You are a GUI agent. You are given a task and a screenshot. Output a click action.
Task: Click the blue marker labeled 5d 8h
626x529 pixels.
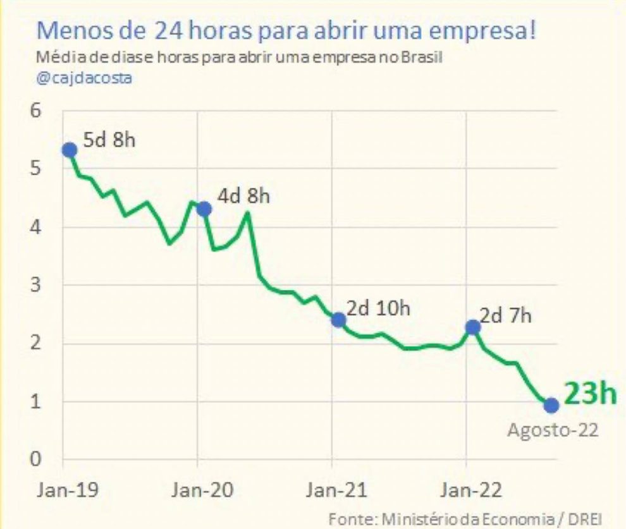pyautogui.click(x=70, y=150)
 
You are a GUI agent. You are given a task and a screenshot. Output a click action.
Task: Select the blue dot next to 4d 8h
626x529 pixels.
pyautogui.click(x=204, y=209)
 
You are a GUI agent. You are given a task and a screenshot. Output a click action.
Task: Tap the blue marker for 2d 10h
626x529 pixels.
pyautogui.click(x=338, y=320)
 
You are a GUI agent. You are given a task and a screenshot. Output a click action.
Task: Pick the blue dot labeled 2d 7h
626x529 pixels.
pyautogui.click(x=472, y=327)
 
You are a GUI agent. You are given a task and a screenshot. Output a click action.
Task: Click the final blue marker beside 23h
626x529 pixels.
pyautogui.click(x=551, y=404)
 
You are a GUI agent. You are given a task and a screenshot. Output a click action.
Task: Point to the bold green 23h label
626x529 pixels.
pyautogui.click(x=590, y=393)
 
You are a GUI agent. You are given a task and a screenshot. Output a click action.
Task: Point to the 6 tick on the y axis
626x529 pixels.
pyautogui.click(x=36, y=110)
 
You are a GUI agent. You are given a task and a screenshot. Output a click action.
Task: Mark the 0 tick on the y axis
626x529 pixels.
pyautogui.click(x=36, y=459)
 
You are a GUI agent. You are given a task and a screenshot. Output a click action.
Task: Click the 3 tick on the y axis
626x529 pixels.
pyautogui.click(x=36, y=285)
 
